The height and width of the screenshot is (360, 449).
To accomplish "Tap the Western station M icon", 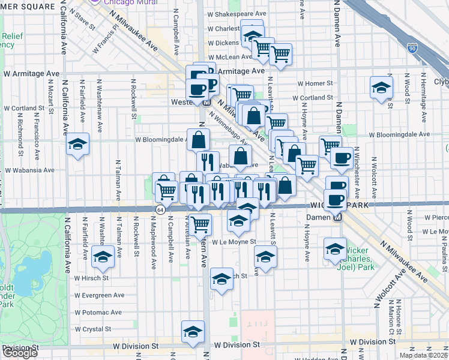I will tap(206, 102).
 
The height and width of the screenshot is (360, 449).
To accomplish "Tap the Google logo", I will tap(19, 353).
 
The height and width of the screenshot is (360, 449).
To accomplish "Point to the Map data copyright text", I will tap(423, 355).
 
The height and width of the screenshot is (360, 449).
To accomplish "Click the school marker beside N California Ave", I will tap(78, 145).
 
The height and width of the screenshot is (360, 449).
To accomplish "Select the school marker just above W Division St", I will tap(193, 331).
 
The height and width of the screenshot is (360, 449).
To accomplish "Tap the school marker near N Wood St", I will tap(381, 88).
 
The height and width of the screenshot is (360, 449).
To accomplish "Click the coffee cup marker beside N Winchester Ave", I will tap(342, 158).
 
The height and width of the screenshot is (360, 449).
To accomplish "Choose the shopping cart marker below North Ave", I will tap(200, 224).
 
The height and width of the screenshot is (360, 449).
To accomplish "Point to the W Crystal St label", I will tap(92, 329).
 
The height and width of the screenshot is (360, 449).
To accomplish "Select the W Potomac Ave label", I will tap(98, 312).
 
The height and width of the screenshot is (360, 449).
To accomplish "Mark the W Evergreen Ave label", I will tap(98, 295).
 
